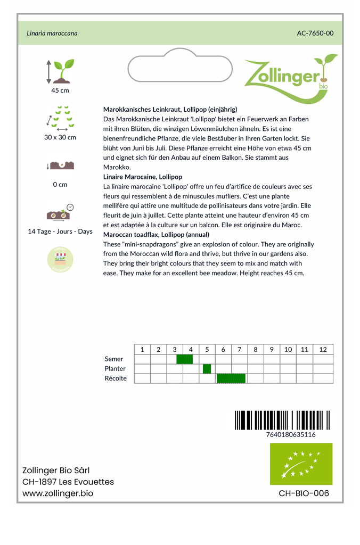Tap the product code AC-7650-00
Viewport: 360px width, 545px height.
(315, 33)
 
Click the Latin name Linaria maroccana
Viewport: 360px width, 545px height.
(52, 33)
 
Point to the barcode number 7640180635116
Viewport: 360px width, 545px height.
(290, 434)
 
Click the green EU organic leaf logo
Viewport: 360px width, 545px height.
(301, 464)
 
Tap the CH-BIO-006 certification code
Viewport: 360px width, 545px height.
(304, 493)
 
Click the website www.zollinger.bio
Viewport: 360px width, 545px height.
(58, 493)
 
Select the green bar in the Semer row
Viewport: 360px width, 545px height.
(185, 359)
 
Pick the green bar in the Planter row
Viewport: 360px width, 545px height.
(207, 369)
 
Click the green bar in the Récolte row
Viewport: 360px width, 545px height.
(231, 378)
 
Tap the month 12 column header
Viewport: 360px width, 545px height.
(323, 350)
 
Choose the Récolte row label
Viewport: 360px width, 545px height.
(116, 378)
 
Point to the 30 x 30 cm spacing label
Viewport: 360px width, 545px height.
(60, 137)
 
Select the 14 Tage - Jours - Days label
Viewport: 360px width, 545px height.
(60, 232)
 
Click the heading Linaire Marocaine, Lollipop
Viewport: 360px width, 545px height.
(143, 177)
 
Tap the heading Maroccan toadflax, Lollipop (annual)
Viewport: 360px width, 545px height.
(156, 235)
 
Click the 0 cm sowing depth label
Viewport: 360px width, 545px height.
(60, 185)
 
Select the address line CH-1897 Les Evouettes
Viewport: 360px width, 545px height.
(68, 482)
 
